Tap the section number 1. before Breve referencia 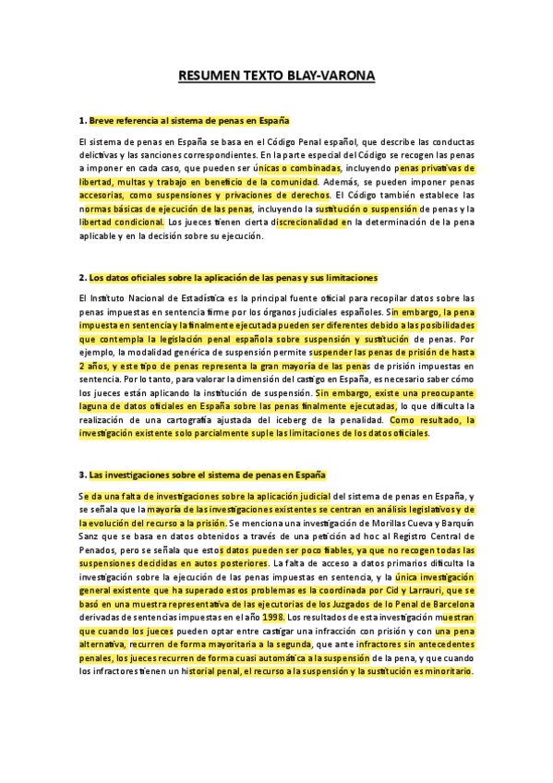(83, 120)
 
